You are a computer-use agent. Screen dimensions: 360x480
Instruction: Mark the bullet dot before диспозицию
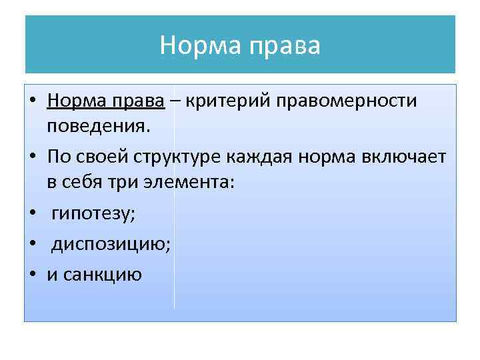[x=32, y=245]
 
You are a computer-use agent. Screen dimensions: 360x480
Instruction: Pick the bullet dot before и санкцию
[x=32, y=274]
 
